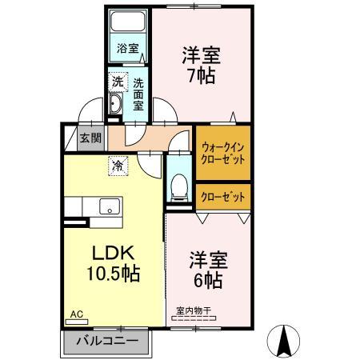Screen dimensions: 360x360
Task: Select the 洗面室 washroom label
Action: pyautogui.click(x=138, y=93)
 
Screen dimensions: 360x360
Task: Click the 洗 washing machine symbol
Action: pyautogui.click(x=117, y=82)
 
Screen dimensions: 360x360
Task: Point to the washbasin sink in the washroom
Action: pyautogui.click(x=114, y=105)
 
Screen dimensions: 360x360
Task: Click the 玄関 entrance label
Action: pyautogui.click(x=90, y=138)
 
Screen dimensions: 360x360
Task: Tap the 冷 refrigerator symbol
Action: pyautogui.click(x=117, y=166)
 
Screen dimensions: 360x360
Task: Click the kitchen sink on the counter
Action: pyautogui.click(x=106, y=206)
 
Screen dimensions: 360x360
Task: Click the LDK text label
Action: pyautogui.click(x=112, y=251)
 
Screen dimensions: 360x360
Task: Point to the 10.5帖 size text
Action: pyautogui.click(x=114, y=274)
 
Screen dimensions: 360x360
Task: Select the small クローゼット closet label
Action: pyautogui.click(x=223, y=196)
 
